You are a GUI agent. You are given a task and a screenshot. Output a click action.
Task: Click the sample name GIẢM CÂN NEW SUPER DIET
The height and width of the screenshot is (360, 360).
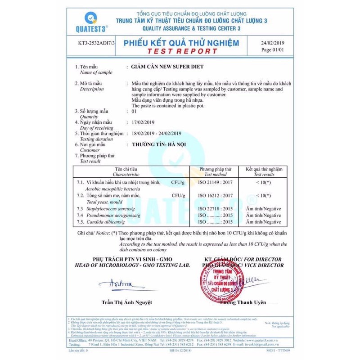click(x=166, y=67)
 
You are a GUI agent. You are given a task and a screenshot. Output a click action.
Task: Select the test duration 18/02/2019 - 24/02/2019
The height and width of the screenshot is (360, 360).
click(x=157, y=134)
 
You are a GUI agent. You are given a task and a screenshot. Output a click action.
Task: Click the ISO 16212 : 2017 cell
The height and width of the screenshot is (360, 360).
click(x=215, y=196)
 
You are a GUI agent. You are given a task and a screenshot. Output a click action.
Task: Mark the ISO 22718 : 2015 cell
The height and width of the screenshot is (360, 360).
click(x=215, y=209)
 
